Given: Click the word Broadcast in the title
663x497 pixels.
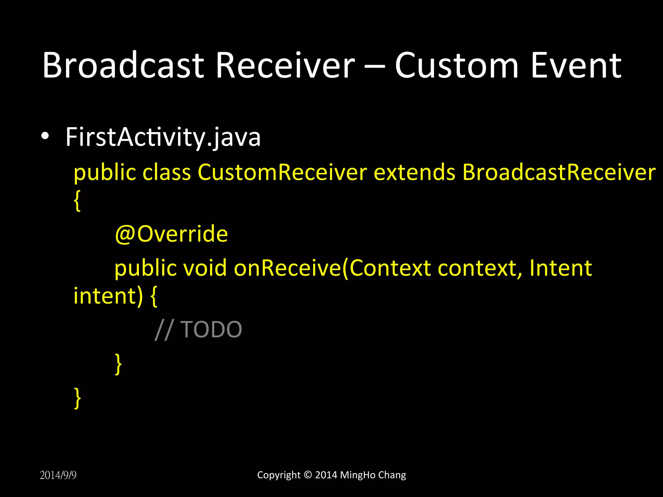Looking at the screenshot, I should point(123,65).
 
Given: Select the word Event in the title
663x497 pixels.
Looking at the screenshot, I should point(576,65).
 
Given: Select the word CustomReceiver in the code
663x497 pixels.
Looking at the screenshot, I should point(282,172).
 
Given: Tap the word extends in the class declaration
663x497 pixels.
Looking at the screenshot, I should point(414,172).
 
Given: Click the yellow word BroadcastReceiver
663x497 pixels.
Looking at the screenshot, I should point(559,172).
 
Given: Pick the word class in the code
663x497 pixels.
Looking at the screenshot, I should point(166,172).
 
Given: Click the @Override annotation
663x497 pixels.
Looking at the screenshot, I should point(171,234).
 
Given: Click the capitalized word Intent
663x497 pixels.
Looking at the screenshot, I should point(560,268).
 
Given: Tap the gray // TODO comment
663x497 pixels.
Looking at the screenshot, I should point(198,329).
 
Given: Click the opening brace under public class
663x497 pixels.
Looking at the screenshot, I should point(77,201).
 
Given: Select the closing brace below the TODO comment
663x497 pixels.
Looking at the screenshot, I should point(118,364).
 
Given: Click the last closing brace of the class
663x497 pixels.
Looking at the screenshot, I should point(77,398).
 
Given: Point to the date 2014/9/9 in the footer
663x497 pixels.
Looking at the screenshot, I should point(58,475).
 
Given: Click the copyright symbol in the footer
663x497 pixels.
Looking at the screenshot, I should point(308,475).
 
